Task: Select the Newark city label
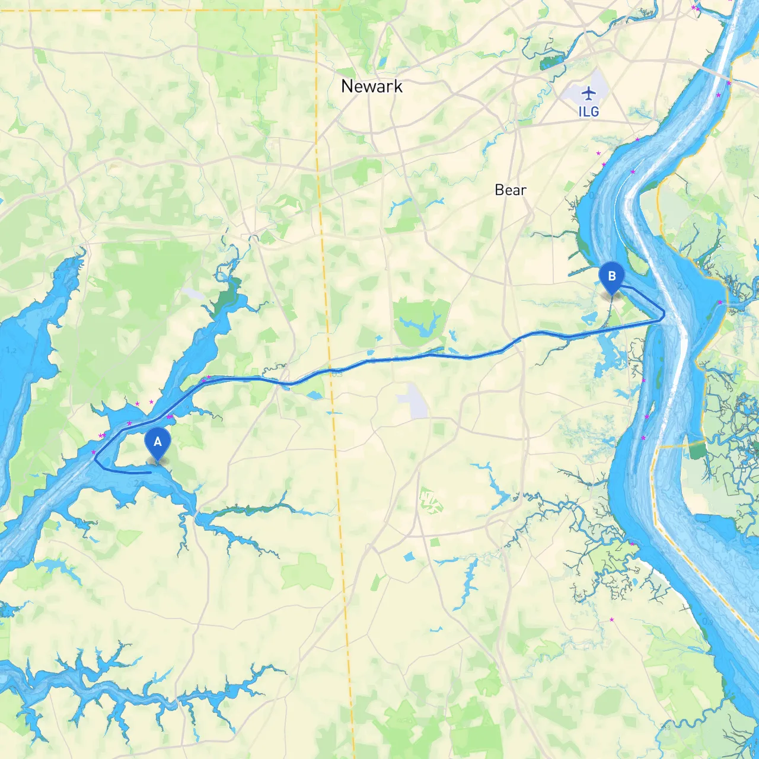[372, 87]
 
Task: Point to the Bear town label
[511, 190]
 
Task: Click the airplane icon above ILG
[588, 93]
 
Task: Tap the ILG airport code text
[589, 111]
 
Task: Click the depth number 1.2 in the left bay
[11, 350]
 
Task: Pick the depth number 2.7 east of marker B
[683, 286]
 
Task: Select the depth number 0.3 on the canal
[337, 374]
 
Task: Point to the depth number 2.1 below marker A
[139, 484]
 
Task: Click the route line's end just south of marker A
[149, 473]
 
